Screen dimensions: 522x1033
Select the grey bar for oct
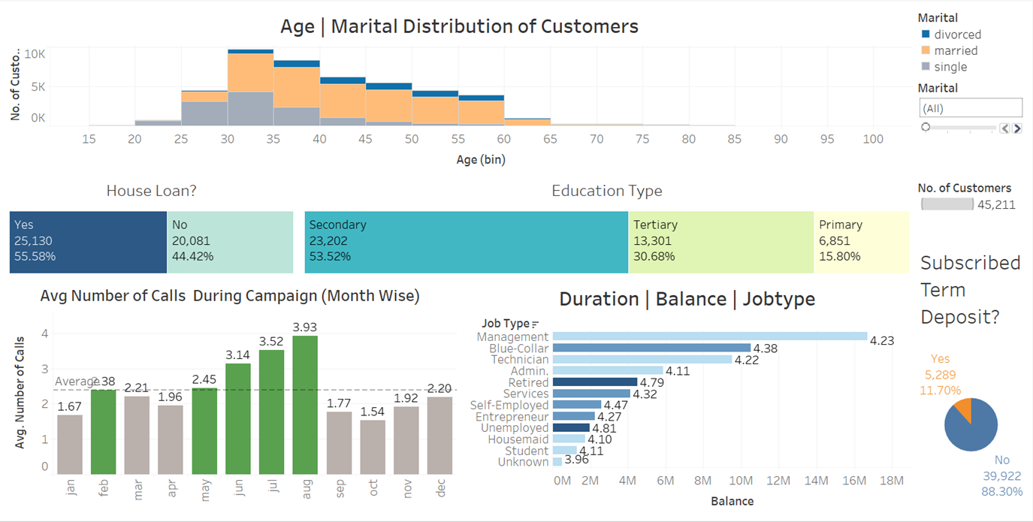(372, 447)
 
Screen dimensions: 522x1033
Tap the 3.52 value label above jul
(271, 342)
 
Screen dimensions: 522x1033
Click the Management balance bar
(709, 336)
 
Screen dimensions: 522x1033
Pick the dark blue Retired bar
(594, 382)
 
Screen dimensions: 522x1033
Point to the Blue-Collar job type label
(518, 349)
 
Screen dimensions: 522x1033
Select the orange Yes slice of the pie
(962, 410)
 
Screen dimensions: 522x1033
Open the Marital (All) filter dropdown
(970, 108)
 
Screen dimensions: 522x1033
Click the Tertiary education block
(720, 241)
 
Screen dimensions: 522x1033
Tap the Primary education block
(861, 241)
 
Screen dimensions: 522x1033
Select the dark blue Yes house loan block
(88, 241)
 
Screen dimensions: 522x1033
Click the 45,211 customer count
(996, 204)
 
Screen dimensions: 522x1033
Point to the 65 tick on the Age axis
(550, 139)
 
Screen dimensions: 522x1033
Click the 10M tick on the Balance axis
(741, 480)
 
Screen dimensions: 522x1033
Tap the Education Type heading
(606, 191)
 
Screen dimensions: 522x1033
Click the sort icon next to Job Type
(536, 324)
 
